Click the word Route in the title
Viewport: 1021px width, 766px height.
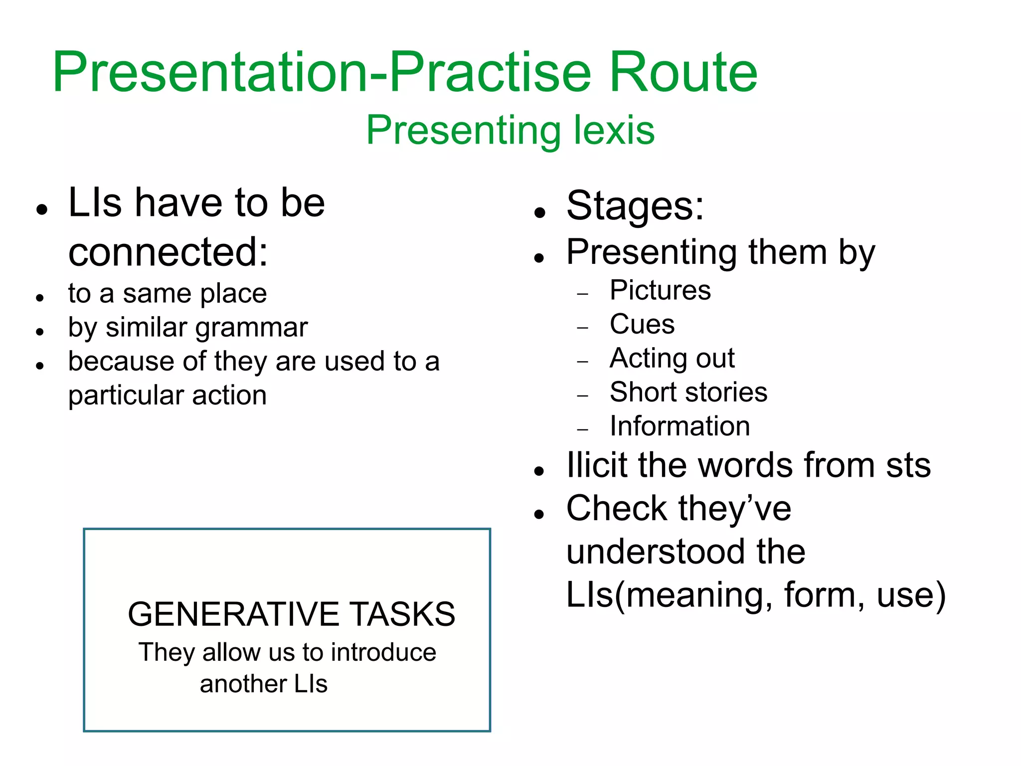coord(683,72)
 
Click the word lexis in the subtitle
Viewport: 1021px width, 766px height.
coord(614,130)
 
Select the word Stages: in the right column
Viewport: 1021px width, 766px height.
coord(635,206)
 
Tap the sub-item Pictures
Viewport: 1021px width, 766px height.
coord(660,290)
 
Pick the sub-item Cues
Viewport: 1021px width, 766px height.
coord(642,324)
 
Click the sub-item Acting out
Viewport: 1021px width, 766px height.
coord(672,358)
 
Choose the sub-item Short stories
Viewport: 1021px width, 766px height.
coord(688,392)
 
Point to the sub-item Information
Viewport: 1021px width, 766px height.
coord(680,426)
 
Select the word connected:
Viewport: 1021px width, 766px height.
coord(168,252)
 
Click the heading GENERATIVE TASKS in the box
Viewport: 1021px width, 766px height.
coord(291,614)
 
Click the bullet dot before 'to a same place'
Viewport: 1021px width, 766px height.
coord(40,298)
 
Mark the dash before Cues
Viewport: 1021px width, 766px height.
coord(582,328)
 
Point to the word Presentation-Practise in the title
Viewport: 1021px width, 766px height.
coord(322,72)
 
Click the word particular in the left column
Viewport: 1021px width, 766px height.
coord(125,395)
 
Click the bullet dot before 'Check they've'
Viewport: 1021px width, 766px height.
coord(538,514)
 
